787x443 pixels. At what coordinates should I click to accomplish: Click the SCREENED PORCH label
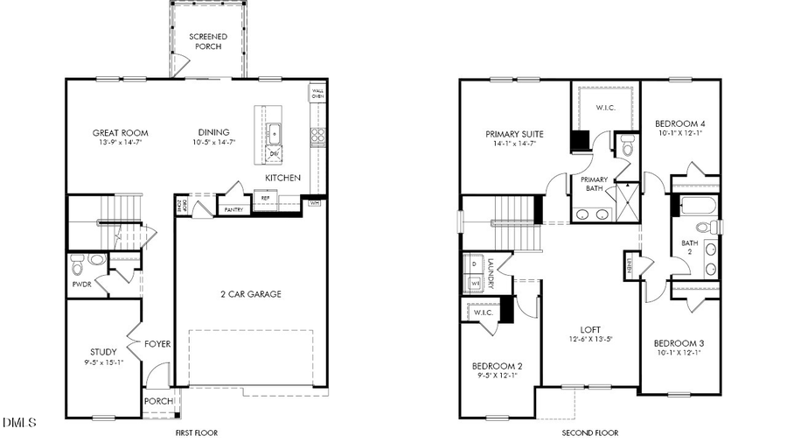pos(208,41)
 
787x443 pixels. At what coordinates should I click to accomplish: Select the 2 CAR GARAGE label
pos(251,294)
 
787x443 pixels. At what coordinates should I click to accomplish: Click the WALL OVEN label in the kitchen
pos(317,94)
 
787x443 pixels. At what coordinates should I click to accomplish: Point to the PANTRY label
pos(233,210)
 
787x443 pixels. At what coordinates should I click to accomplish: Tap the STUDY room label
pos(104,352)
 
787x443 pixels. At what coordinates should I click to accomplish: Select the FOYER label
pos(157,344)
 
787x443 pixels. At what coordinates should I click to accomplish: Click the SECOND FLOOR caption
pos(589,432)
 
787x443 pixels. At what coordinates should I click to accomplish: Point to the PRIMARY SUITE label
pos(514,134)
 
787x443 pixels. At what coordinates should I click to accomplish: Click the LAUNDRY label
pos(491,274)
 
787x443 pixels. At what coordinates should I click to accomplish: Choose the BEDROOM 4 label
pos(680,124)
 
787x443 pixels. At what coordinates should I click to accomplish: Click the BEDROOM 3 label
pos(679,343)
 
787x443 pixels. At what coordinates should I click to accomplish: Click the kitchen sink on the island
pos(275,133)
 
